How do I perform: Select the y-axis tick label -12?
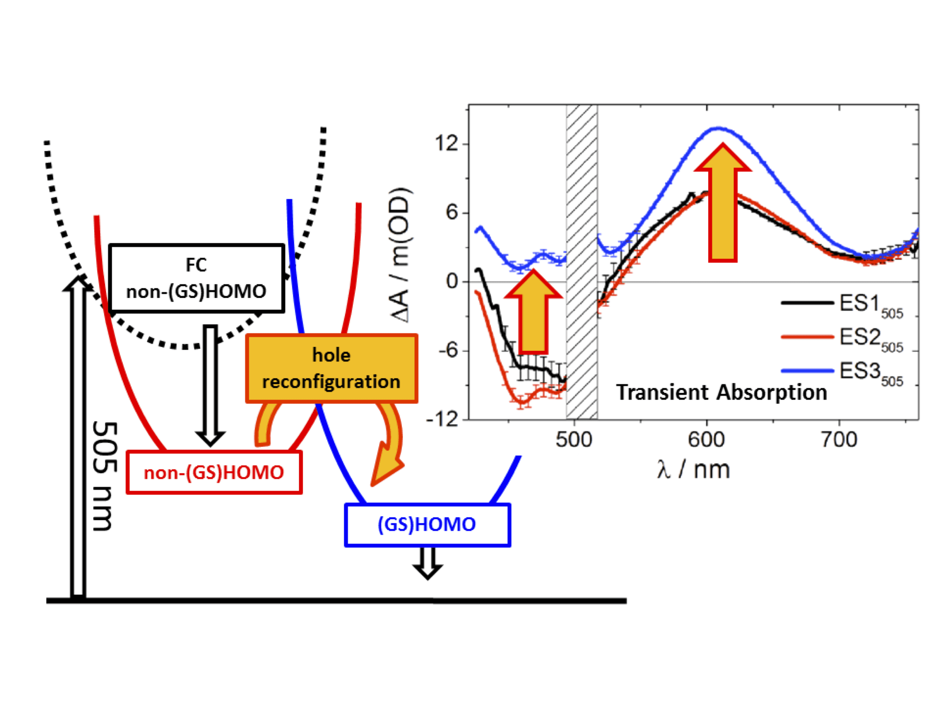point(442,419)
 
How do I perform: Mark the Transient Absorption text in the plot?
point(721,393)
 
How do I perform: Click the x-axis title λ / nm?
point(693,469)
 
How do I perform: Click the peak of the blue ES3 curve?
point(718,128)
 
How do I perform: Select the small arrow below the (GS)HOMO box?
point(427,563)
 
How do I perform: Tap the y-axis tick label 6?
point(452,212)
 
